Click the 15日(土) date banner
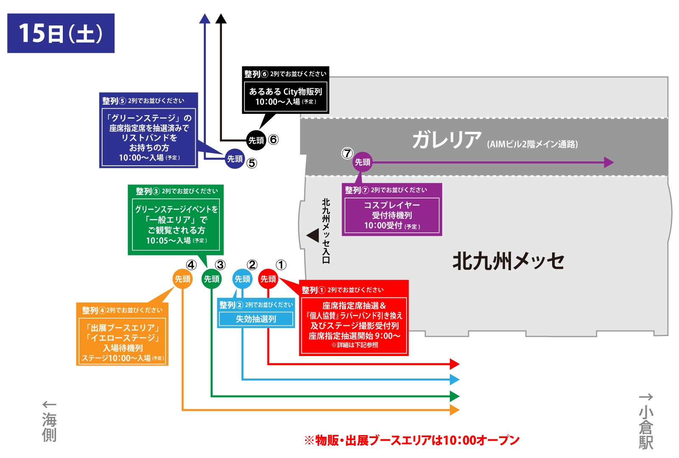coord(61,33)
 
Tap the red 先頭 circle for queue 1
coord(268,279)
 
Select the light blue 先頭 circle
coord(242,279)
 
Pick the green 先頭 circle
coord(211,279)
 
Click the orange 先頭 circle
coord(182,279)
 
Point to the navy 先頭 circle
coord(235,159)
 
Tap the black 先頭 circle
coord(256,140)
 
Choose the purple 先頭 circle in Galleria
coord(362,162)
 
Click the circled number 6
coord(273,139)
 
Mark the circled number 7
coord(347,153)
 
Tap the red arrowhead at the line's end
coord(455,364)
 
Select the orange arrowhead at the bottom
coord(455,410)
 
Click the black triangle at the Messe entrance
coord(313,235)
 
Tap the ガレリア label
coord(446,139)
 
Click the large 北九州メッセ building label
coord(508,261)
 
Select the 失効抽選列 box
coord(256,319)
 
